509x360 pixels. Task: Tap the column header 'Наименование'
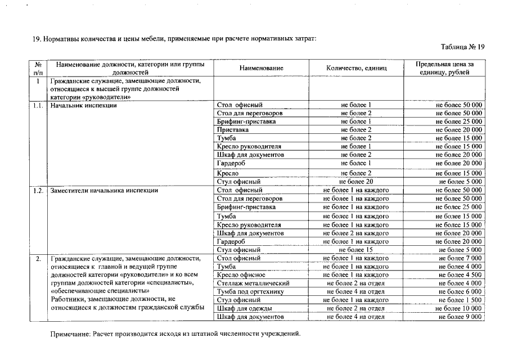coord(261,68)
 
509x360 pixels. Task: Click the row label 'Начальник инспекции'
coord(83,105)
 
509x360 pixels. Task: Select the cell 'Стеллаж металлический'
coord(253,283)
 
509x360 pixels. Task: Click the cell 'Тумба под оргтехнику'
coord(250,292)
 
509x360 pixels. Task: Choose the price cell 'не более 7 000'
coord(460,258)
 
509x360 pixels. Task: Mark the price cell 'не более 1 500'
coord(460,300)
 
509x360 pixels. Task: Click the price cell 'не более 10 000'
coord(459,309)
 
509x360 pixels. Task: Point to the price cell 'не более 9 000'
coord(460,317)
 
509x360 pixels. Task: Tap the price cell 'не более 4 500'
coord(460,275)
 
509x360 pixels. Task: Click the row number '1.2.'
coord(38,191)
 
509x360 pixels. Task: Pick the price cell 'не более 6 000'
coord(460,292)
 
